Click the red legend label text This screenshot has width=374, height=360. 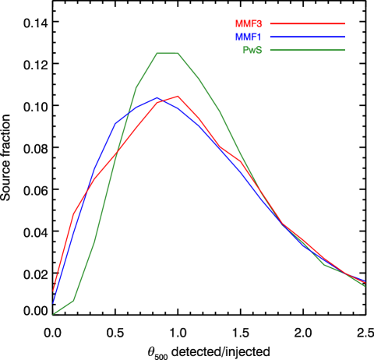[x=249, y=24]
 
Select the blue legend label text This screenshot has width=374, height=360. [x=249, y=37]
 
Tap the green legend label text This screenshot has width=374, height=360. [x=252, y=50]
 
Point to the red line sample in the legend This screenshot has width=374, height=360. [x=307, y=24]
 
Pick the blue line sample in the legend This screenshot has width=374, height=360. [x=307, y=37]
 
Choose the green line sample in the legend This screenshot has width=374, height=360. [x=307, y=50]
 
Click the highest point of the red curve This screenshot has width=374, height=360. [x=178, y=96]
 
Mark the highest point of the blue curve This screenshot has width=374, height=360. [x=157, y=97]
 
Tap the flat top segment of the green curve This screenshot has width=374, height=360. [x=168, y=53]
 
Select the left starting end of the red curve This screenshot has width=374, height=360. [x=53, y=291]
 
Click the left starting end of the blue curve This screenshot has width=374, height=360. [x=53, y=302]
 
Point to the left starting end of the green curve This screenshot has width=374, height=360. [x=53, y=315]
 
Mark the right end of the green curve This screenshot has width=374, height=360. [x=365, y=286]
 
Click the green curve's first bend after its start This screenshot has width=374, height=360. [x=74, y=300]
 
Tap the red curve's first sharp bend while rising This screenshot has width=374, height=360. [x=74, y=213]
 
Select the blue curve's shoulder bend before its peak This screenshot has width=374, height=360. [x=115, y=123]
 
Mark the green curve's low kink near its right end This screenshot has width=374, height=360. [x=325, y=265]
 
